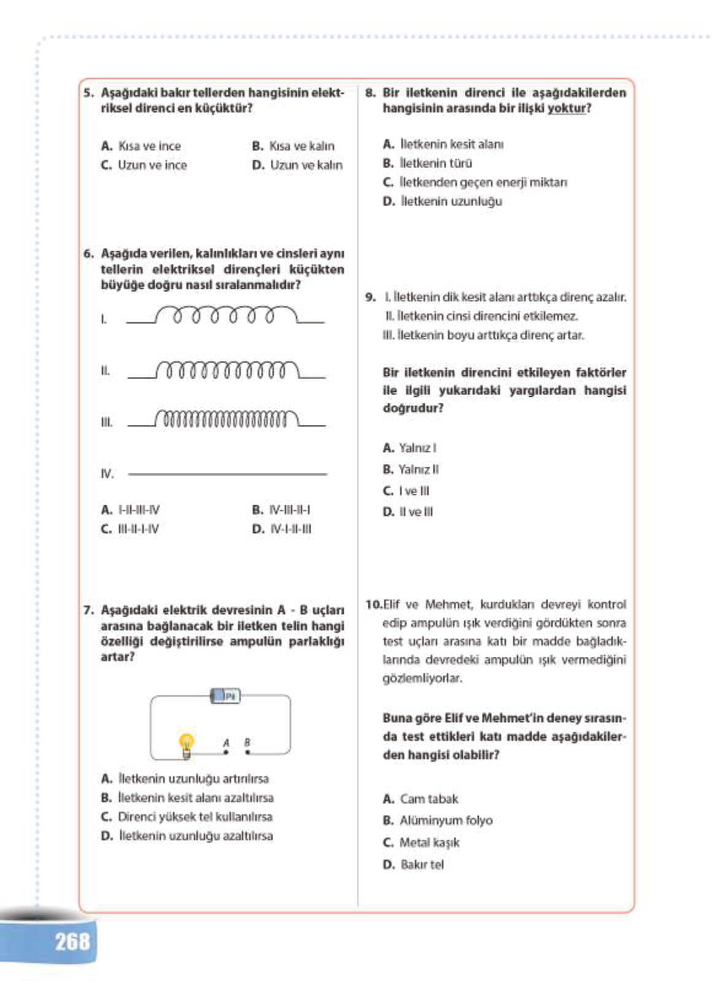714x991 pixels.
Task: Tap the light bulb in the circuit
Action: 186,744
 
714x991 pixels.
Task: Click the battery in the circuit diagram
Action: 225,696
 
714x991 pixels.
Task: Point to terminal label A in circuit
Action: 226,743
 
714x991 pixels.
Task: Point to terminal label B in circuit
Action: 247,742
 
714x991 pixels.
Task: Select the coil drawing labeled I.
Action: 225,316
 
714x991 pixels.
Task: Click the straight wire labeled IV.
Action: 227,474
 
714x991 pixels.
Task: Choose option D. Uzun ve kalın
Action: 298,165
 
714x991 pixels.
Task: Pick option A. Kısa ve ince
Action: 141,146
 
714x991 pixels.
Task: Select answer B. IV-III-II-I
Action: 281,510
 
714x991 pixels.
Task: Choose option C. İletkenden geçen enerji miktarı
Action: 475,182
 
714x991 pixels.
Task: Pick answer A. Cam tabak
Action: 421,799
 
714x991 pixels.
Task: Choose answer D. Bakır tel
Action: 413,865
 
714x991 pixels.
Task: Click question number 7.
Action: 88,610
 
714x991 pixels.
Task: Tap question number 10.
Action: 373,605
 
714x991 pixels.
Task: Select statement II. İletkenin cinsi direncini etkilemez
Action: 481,316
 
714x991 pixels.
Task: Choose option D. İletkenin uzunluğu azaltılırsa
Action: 187,836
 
